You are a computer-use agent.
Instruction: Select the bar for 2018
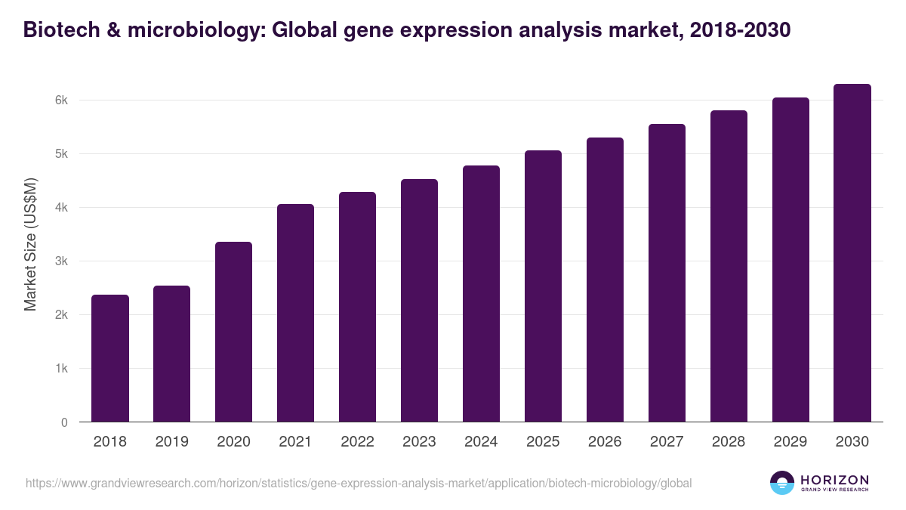point(110,358)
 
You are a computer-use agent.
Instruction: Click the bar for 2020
point(233,332)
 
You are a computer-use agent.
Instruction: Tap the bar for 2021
point(295,313)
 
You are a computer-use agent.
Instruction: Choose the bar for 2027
point(667,273)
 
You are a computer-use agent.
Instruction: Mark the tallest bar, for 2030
point(852,252)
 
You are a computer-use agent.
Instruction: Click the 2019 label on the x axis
point(172,442)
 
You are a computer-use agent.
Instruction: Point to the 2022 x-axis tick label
point(357,442)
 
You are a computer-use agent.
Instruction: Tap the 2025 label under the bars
point(543,442)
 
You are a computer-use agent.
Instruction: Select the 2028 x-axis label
point(729,442)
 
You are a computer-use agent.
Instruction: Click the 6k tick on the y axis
point(60,100)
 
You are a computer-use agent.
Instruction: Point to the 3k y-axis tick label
point(60,261)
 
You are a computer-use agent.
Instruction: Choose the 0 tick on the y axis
point(64,422)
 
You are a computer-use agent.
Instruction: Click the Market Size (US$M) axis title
point(30,245)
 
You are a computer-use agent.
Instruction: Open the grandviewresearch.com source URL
point(359,483)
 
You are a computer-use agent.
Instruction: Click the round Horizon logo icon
point(782,483)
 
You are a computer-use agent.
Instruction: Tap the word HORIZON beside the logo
point(835,480)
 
